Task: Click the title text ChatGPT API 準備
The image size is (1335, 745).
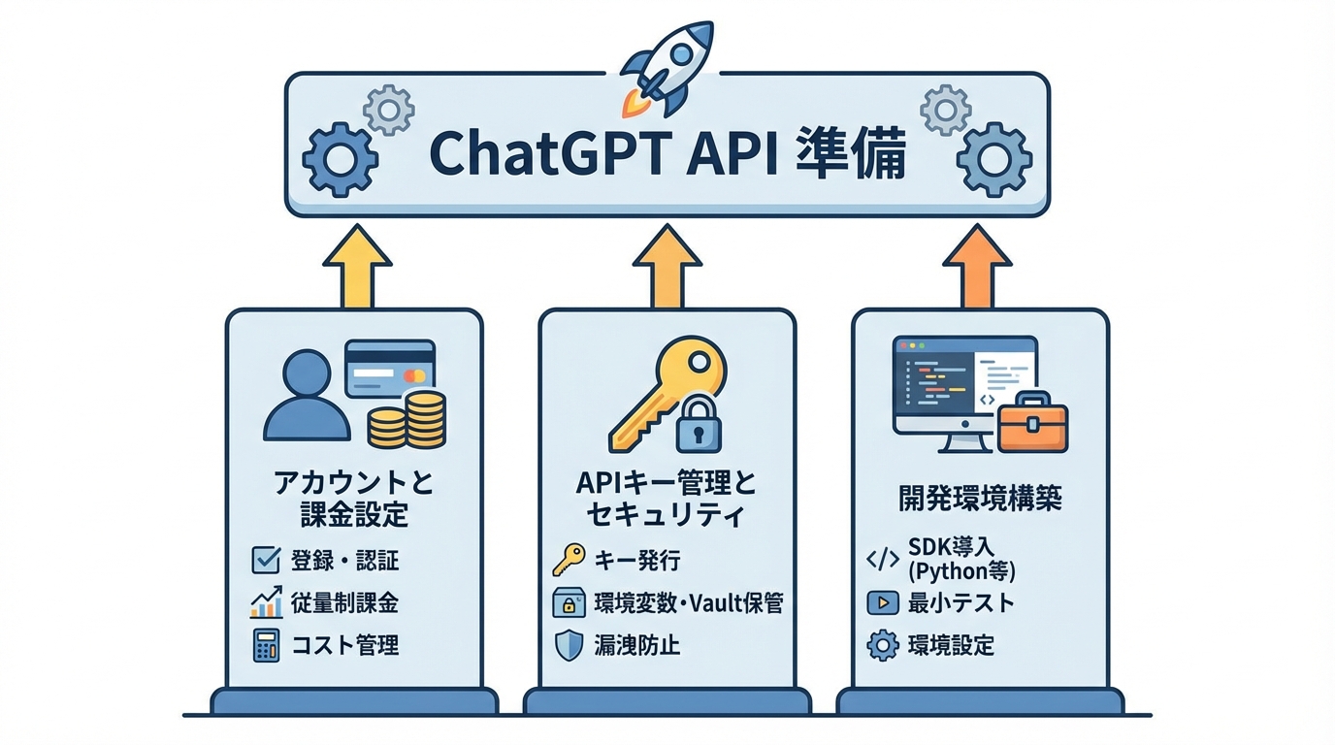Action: pos(667,155)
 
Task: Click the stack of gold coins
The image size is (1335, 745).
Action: pos(407,419)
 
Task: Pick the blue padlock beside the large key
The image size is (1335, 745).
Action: pos(699,423)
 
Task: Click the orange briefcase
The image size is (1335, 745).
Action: pos(1032,424)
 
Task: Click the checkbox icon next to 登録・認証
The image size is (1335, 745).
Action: pos(265,560)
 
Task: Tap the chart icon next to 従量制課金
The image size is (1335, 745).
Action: pos(265,602)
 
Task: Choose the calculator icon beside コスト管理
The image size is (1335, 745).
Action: pos(265,645)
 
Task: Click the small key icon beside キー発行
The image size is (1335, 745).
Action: pos(569,560)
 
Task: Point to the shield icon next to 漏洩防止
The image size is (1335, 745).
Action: pos(569,645)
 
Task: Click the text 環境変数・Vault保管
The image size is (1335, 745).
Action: pos(688,602)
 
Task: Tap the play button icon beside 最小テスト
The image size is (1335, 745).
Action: pos(882,602)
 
